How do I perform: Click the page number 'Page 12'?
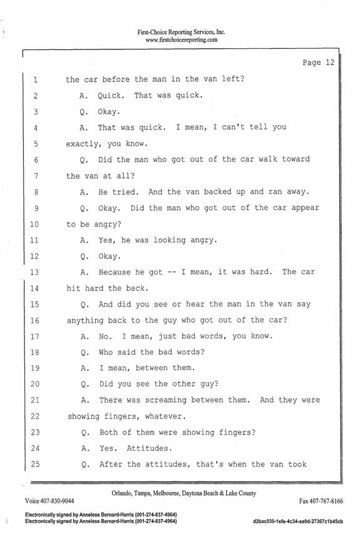(319, 63)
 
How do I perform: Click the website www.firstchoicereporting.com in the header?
(181, 40)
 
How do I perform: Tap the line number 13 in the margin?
(34, 273)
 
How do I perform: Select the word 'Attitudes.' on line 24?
(149, 448)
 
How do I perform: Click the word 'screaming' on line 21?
(166, 400)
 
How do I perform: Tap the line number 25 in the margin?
(35, 464)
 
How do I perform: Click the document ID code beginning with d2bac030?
(298, 521)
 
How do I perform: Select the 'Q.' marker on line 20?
(85, 385)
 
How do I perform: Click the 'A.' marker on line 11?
(84, 241)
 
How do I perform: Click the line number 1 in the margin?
(36, 80)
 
